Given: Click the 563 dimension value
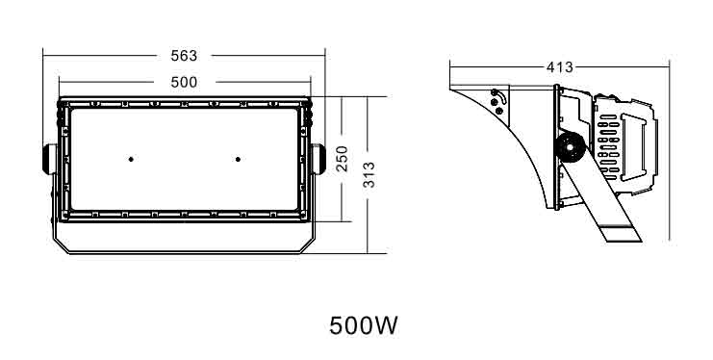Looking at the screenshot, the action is (184, 56).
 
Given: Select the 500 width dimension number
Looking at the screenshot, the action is (184, 83).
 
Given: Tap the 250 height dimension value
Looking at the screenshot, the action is (342, 159).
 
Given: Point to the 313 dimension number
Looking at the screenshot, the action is (369, 175).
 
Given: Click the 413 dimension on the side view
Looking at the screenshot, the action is (560, 67).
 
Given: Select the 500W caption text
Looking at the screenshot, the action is (364, 325).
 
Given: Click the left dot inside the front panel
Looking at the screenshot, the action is (131, 159).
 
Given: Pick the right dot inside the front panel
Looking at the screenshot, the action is (238, 159).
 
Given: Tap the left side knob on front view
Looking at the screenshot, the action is (50, 159).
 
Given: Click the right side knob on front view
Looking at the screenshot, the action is (318, 159).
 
